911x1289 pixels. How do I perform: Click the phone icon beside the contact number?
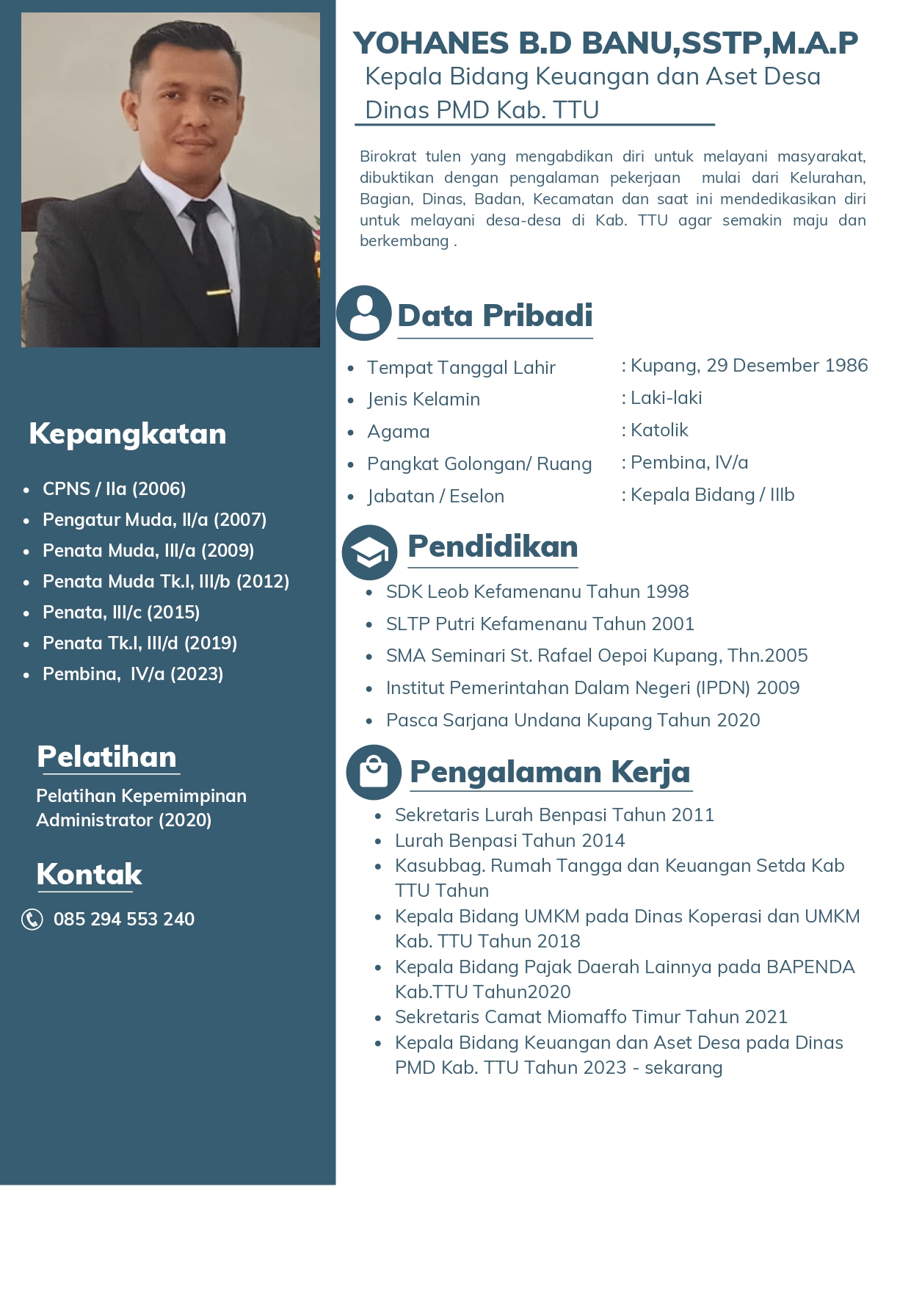coord(32,919)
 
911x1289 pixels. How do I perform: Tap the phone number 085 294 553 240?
coord(124,919)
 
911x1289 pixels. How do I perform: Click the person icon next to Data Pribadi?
coord(364,313)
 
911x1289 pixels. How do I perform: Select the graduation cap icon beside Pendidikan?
coord(369,552)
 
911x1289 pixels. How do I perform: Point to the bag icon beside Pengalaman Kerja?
coord(374,772)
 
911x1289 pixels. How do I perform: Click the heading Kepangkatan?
coord(127,433)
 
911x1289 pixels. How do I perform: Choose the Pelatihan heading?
coord(107,757)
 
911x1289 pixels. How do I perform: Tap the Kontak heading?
coord(89,874)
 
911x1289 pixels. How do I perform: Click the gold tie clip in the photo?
coord(219,292)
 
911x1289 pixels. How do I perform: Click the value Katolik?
coord(659,430)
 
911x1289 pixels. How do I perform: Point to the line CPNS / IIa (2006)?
coord(114,488)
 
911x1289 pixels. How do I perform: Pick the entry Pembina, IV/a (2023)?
coord(133,674)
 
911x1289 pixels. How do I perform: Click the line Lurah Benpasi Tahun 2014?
coord(509,840)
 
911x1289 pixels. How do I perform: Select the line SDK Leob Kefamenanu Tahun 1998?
coord(537,591)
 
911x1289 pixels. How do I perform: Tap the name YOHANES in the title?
coord(431,43)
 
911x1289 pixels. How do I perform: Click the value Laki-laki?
coord(666,397)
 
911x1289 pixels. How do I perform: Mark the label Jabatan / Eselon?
coord(435,496)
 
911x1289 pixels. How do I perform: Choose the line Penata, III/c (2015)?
coord(121,612)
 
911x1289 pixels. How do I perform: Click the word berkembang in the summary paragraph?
coord(404,241)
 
